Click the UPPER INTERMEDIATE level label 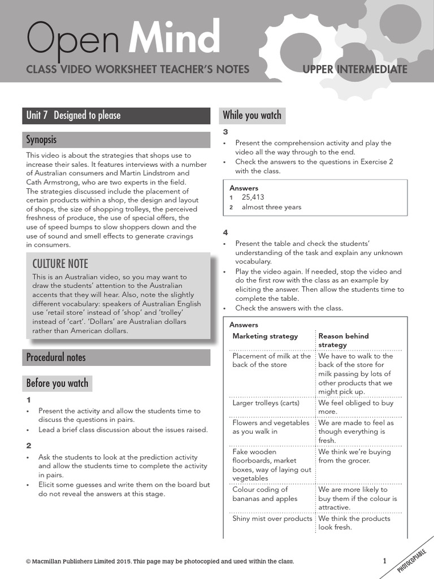355,70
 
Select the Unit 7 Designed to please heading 73,115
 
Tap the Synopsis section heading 41,139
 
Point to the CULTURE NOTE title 60,263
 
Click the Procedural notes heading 56,357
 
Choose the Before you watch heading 57,383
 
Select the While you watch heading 251,115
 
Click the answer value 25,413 253,197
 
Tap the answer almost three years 271,207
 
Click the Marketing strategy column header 265,336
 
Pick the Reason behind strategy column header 343,340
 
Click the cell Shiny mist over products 272,518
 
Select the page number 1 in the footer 385,561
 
